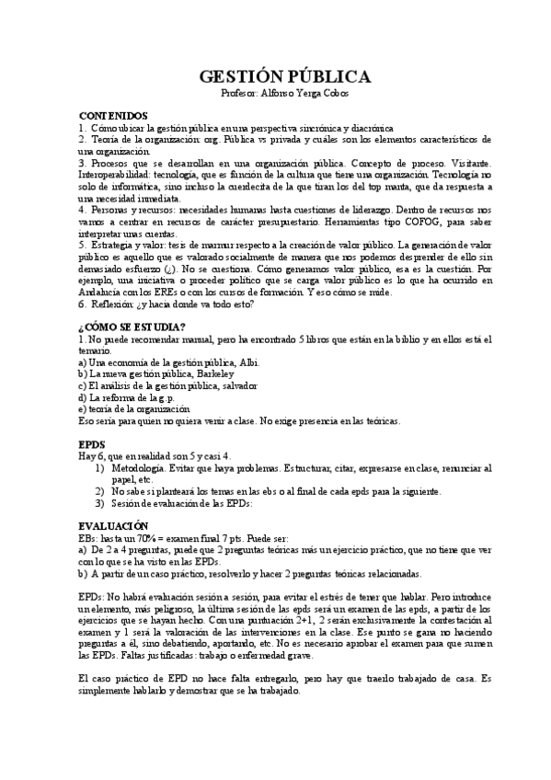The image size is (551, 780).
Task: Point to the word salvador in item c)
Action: tap(234, 386)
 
